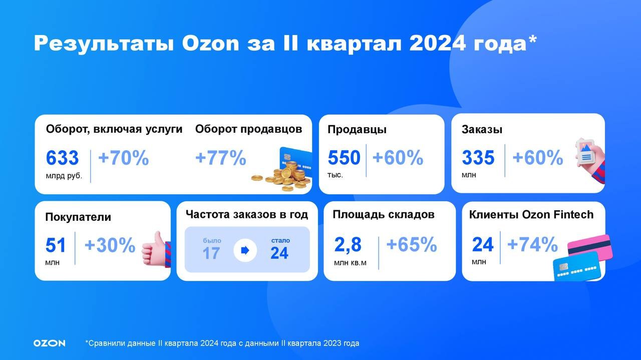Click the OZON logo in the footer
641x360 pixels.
49,343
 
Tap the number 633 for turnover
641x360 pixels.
62,158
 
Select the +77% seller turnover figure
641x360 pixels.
221,158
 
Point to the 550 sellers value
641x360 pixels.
344,158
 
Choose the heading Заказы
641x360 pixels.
482,130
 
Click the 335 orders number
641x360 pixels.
478,158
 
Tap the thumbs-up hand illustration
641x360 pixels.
156,250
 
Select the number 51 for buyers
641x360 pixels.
56,245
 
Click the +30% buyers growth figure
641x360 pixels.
110,245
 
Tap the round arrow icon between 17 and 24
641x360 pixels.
245,251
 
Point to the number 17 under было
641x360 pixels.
211,253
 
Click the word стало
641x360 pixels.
280,240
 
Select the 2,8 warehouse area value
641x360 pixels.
348,245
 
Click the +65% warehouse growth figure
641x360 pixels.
412,245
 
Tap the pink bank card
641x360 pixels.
590,247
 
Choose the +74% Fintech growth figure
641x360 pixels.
532,245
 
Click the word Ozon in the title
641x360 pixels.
210,44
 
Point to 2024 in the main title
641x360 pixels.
438,44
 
